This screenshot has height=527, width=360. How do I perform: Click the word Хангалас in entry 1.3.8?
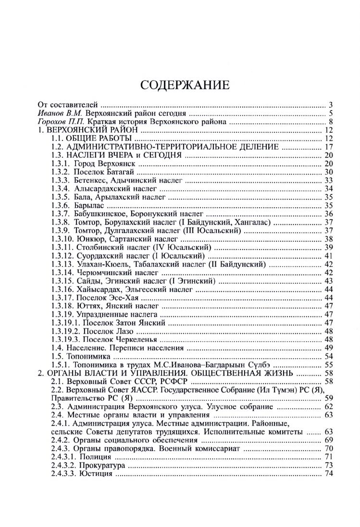(252, 222)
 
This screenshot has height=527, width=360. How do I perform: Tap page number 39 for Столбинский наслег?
(329, 247)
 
